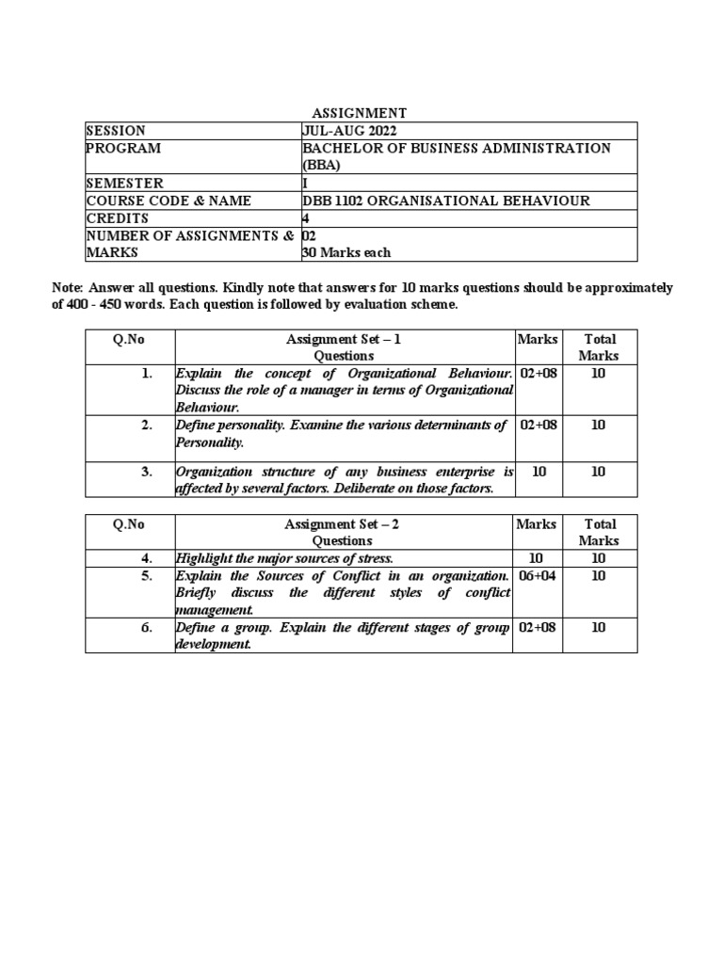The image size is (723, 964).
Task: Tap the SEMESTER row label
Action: click(x=124, y=184)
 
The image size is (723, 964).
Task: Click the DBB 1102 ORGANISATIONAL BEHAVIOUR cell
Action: click(x=445, y=201)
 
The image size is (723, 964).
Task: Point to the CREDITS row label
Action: click(x=118, y=217)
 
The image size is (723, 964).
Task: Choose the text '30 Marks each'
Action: click(x=345, y=252)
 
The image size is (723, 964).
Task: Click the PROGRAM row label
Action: click(x=123, y=149)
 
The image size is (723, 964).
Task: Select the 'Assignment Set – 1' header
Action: click(x=344, y=339)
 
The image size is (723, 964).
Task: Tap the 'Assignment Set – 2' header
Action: click(x=344, y=524)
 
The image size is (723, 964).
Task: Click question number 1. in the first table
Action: click(x=146, y=374)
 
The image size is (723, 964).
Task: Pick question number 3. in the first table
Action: click(x=146, y=472)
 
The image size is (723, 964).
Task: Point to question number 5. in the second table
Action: click(x=146, y=575)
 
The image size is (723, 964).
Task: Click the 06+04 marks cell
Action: click(x=538, y=575)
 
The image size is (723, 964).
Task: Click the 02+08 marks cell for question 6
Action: click(x=538, y=628)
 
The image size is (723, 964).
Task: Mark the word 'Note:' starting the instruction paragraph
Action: click(x=68, y=288)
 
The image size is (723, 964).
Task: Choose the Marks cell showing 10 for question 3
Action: click(x=538, y=472)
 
